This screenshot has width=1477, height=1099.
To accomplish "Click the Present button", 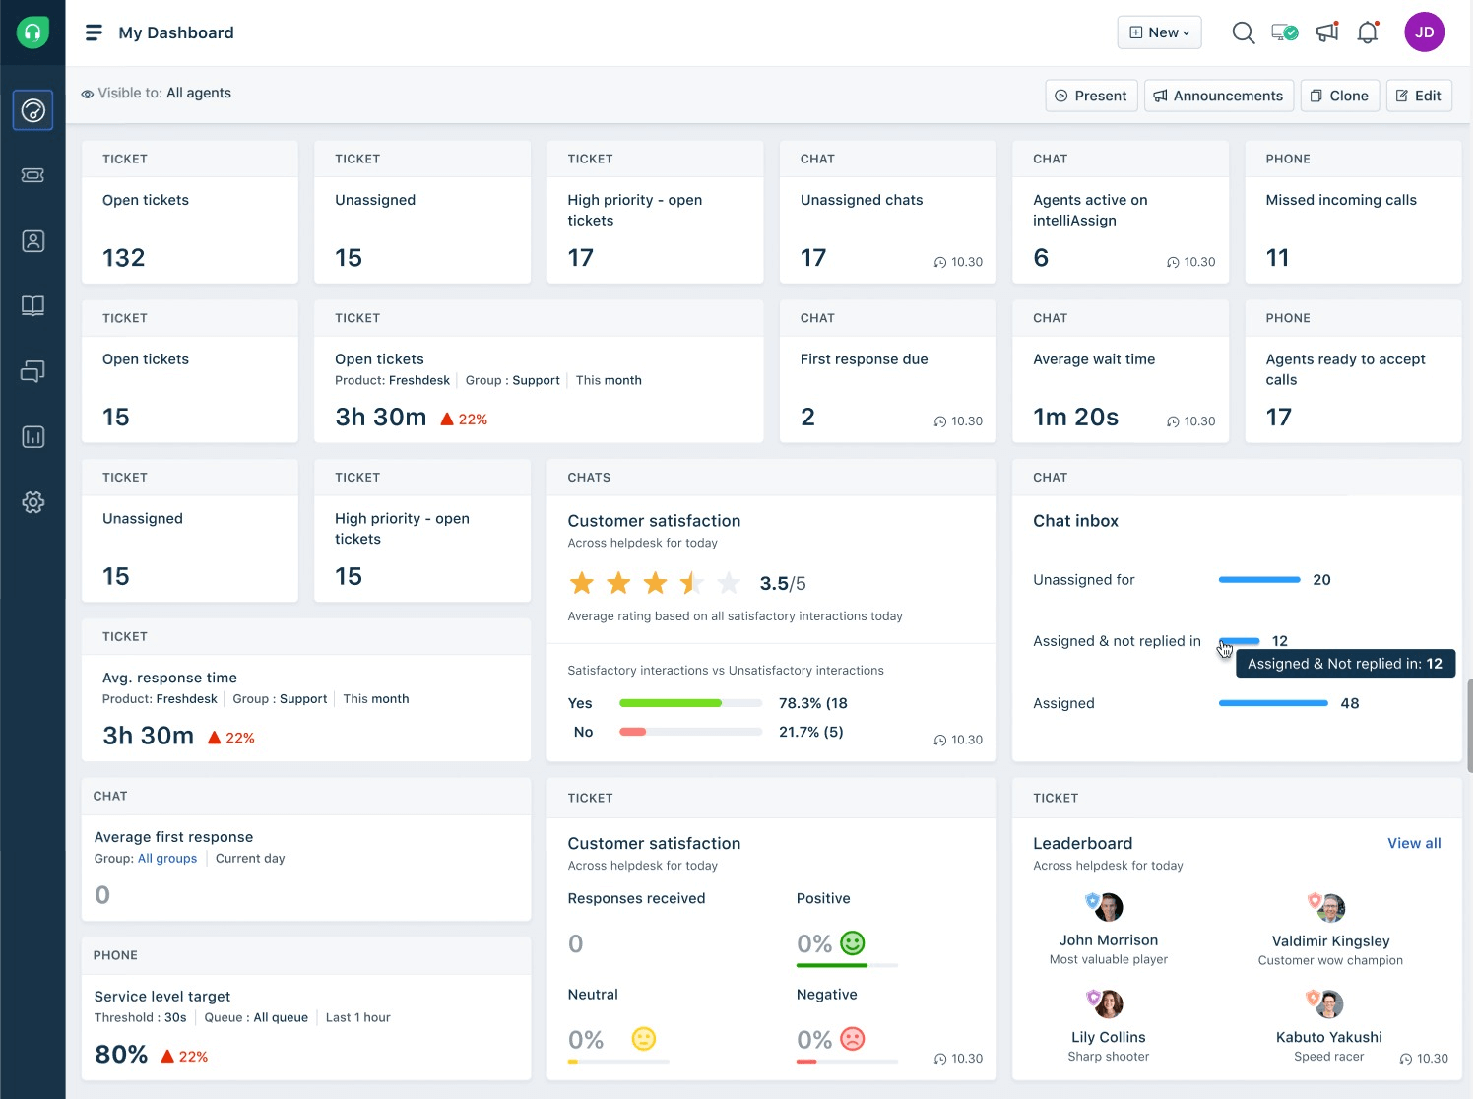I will pos(1091,96).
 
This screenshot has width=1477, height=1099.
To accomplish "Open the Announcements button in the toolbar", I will pos(1219,96).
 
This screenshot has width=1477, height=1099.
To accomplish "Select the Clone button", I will pos(1339,96).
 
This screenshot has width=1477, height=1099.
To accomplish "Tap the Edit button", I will pos(1419,96).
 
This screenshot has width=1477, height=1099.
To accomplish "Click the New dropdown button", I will pos(1159,32).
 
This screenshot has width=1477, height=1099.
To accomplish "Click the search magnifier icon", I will pos(1244,32).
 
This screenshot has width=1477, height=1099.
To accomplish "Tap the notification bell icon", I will pos(1368,32).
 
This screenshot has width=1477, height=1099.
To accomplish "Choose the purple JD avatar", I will pos(1424,32).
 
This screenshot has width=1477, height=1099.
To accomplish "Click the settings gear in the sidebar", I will pos(32,502).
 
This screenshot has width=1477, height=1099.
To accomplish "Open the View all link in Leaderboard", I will pos(1414,843).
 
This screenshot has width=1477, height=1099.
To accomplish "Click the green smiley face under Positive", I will pos(853,943).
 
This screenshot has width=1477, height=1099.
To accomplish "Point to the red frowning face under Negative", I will pos(853,1039).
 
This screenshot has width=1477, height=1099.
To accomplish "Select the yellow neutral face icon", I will pos(644,1039).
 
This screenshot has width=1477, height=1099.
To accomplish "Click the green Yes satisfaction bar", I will pos(671,703).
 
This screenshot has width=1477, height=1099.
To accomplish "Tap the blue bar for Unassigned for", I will pos(1259,580).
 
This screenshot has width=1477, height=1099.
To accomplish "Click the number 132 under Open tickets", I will pos(123,258).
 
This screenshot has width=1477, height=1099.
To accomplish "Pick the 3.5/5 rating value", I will pos(783,584).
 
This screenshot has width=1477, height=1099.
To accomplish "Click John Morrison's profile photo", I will pos(1110,907).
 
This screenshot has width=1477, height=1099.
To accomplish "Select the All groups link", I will pos(167,859).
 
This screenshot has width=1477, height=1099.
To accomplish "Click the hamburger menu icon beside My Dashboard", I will pos(94,32).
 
